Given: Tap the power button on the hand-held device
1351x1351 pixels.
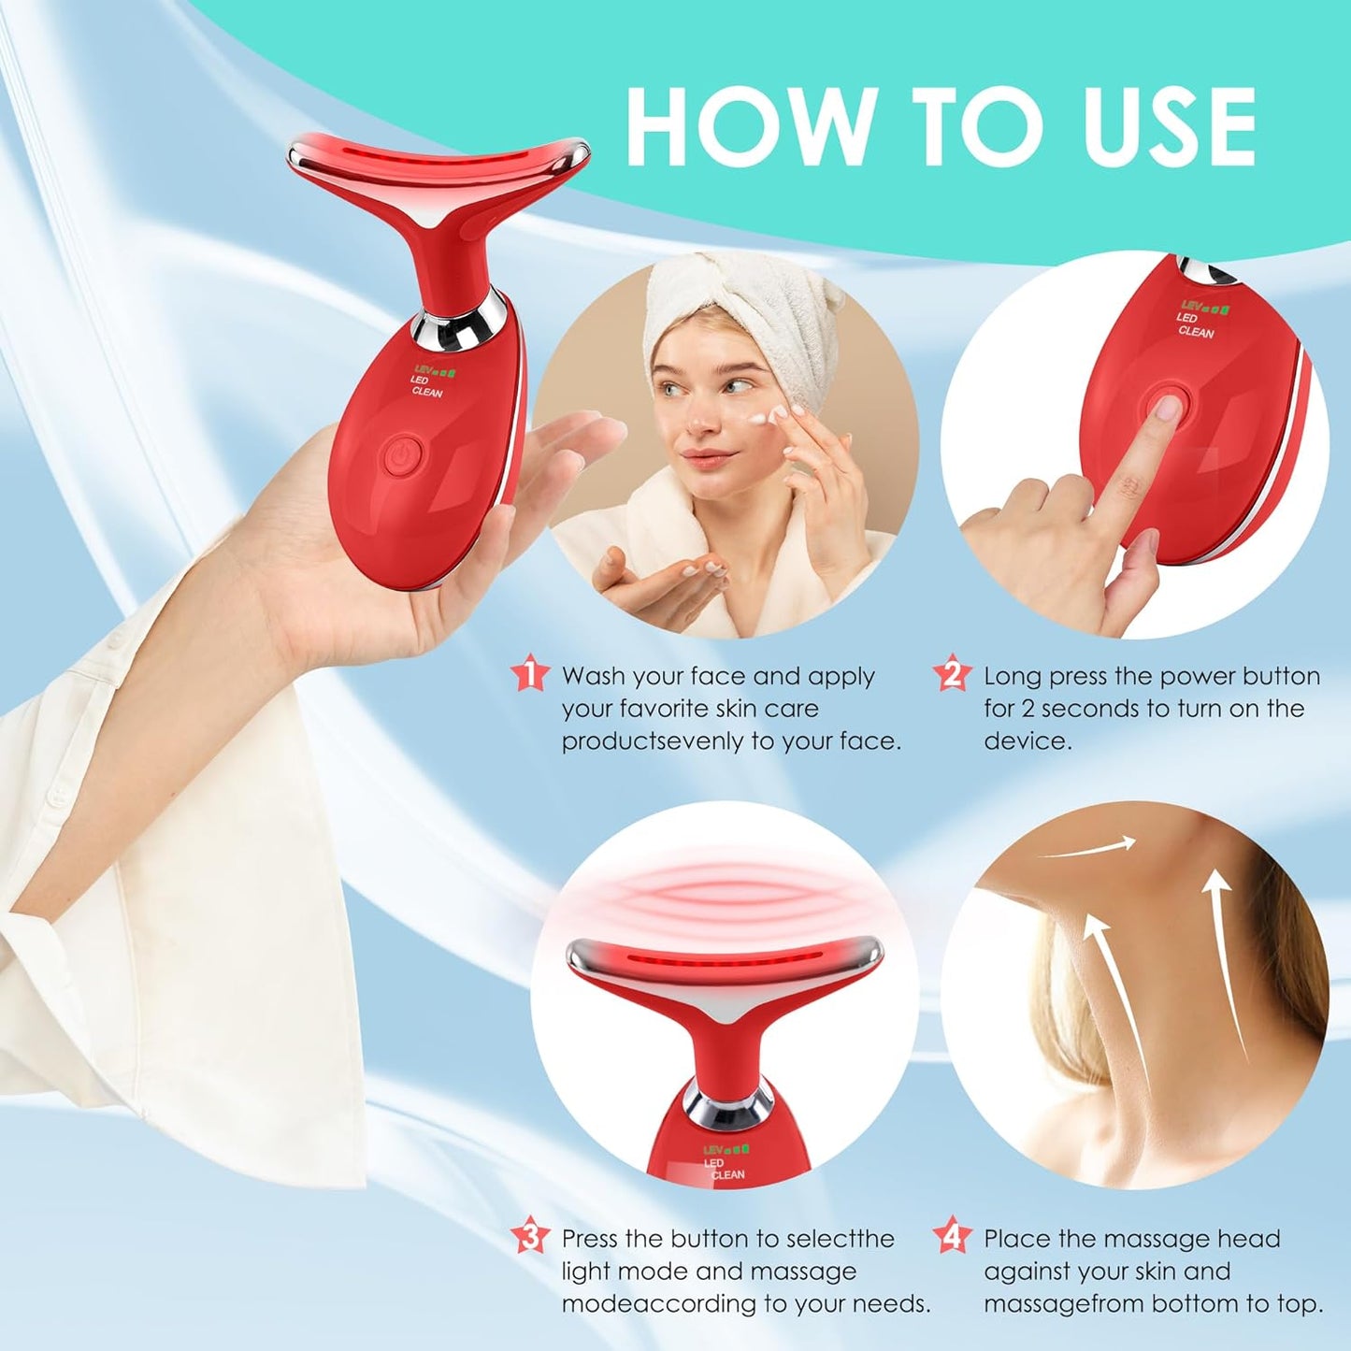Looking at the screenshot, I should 401,455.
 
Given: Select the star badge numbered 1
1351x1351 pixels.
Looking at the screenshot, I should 530,674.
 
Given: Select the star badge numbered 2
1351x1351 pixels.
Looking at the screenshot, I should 952,674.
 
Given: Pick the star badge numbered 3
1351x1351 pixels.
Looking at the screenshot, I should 530,1237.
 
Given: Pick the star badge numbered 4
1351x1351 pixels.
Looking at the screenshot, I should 952,1237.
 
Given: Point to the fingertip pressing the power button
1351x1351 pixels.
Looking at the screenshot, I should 1166,409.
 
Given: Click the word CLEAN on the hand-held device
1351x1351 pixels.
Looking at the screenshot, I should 427,392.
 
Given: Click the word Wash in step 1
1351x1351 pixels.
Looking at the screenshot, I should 593,676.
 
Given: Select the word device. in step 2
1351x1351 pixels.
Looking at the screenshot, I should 1027,741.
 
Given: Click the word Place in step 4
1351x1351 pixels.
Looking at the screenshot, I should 1016,1239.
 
